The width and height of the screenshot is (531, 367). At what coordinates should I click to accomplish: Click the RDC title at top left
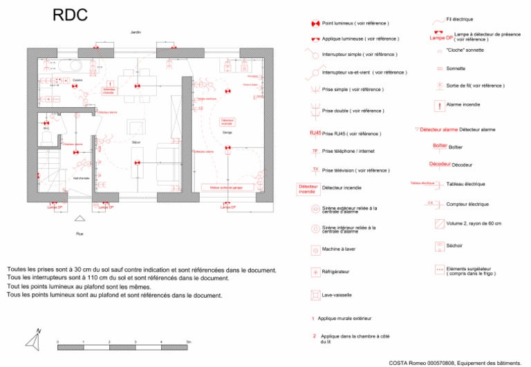(69, 16)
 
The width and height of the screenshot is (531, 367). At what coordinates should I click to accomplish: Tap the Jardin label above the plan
(135, 32)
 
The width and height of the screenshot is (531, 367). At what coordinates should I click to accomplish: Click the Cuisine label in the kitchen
(77, 80)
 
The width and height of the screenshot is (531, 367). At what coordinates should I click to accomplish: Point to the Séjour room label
(137, 142)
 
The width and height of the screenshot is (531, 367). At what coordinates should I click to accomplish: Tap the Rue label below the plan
(80, 234)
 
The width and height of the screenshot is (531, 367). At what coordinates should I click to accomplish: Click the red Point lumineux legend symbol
(315, 23)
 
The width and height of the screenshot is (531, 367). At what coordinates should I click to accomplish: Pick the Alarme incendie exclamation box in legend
(440, 106)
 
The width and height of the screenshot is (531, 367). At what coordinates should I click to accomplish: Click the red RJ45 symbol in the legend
(315, 133)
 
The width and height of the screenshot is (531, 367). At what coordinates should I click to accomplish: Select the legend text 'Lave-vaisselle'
(337, 295)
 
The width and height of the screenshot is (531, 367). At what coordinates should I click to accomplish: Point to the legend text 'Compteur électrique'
(467, 204)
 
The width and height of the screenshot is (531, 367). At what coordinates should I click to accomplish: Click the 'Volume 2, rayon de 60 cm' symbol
(440, 224)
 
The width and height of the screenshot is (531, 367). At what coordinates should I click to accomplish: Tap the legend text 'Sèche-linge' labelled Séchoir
(455, 245)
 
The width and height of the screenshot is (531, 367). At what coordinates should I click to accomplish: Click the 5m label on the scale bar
(189, 342)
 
